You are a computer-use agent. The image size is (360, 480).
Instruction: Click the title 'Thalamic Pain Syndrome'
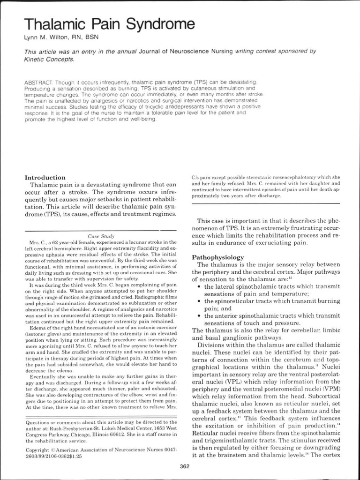pyautogui.click(x=109, y=24)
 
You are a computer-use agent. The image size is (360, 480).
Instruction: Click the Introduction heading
pyautogui.click(x=45, y=178)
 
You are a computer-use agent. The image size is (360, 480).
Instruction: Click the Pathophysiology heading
pyautogui.click(x=218, y=257)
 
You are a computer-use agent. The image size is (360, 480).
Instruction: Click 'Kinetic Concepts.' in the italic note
pyautogui.click(x=49, y=60)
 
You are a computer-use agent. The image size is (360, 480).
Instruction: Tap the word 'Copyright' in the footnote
pyautogui.click(x=36, y=449)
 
